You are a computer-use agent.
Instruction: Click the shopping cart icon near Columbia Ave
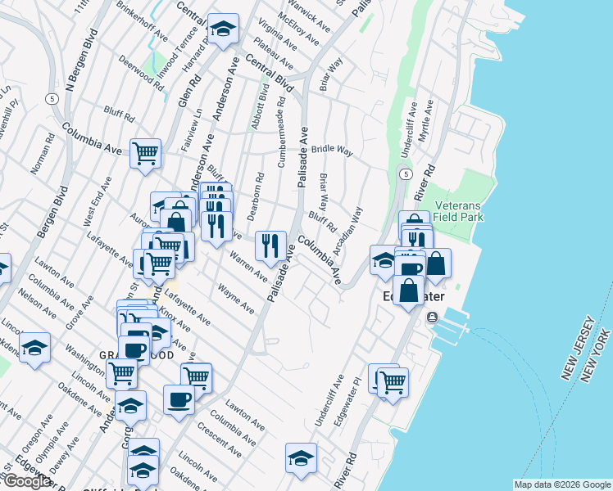[145, 152]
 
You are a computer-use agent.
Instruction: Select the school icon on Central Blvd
[222, 29]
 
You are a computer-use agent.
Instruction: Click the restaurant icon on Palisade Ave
[270, 244]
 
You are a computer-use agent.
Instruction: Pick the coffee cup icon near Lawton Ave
[179, 399]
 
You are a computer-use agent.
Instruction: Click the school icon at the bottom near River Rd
[301, 457]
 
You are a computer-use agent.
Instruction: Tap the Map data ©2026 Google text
[561, 484]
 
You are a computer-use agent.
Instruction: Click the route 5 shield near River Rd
[406, 174]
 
